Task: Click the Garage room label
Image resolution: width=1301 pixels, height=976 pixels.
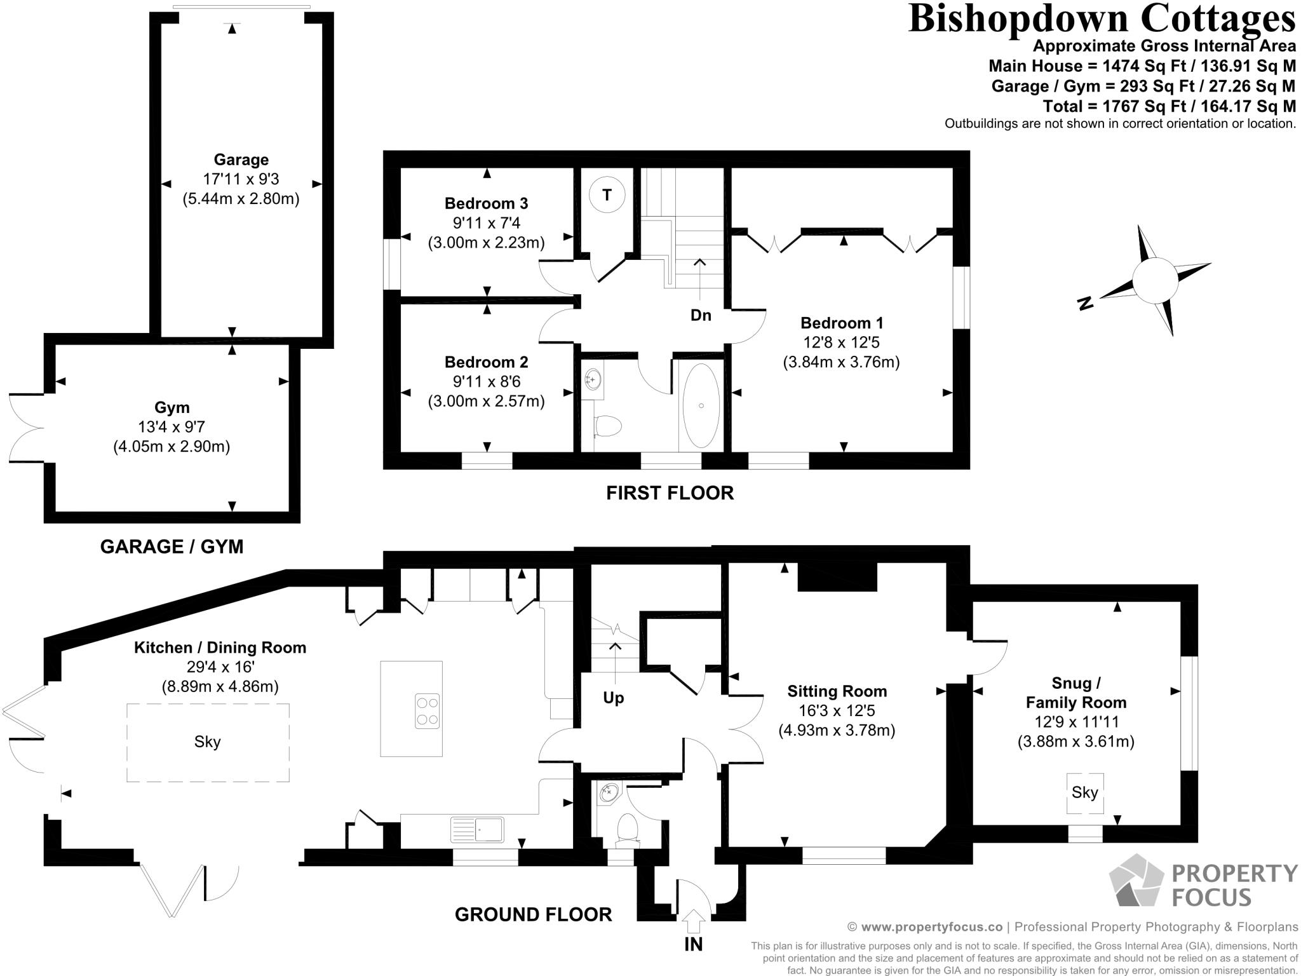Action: coord(241,159)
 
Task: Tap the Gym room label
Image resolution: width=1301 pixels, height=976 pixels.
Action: coord(172,407)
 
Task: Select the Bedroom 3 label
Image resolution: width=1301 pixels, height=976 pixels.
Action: coord(486,203)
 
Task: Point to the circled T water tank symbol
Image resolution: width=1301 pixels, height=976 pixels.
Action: coord(607,194)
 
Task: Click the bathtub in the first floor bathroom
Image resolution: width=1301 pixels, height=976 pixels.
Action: coord(701,406)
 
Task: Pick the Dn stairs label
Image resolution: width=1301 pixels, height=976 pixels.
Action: coord(701,315)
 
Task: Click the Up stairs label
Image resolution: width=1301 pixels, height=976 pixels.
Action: coord(613,698)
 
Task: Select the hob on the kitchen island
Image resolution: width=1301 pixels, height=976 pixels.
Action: coord(427,712)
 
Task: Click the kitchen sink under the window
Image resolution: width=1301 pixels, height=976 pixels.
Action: coord(477,830)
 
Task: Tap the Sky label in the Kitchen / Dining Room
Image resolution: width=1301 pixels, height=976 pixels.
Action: coord(207,742)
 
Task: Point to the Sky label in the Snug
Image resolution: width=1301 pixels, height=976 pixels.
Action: coord(1084,792)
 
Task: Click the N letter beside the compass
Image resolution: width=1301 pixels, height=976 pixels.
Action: coord(1086,303)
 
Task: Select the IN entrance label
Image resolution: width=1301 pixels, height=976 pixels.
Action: coord(694,944)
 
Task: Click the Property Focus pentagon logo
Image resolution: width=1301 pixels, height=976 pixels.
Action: coord(1137,880)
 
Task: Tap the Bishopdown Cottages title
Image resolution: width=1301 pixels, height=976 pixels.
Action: coord(1102,18)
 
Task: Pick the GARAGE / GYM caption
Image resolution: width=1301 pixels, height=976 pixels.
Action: coord(172,546)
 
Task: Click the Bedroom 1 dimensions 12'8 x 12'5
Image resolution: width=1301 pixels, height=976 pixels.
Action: coord(841,342)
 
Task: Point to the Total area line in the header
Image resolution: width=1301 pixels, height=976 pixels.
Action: coord(1169,106)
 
